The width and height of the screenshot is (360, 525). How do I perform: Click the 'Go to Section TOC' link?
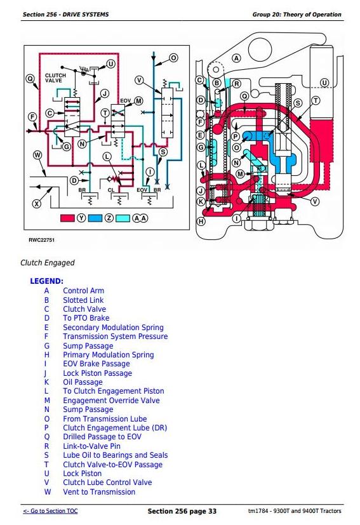tap(50, 511)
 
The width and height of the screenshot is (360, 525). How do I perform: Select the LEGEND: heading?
tap(46, 281)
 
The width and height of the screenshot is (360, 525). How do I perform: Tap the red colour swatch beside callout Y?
tap(67, 218)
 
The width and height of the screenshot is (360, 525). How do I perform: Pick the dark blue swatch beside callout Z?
tap(95, 218)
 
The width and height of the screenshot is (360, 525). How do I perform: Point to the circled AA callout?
tap(140, 218)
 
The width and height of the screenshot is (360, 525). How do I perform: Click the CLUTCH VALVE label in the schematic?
tap(56, 78)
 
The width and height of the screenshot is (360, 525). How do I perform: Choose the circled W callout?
tap(37, 155)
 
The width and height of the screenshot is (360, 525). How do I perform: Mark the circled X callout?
tap(36, 203)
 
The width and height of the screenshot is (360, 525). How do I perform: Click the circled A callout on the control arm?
tap(236, 58)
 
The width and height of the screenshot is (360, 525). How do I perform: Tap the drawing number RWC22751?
tap(41, 240)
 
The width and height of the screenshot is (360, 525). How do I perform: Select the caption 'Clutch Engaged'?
tap(48, 263)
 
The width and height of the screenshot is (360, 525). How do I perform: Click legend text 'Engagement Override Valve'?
tap(112, 400)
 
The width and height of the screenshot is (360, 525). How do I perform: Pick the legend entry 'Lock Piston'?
tap(83, 474)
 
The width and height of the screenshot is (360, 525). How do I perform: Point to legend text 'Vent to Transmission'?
tap(99, 492)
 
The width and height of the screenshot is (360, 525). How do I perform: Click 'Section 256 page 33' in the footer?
tap(182, 511)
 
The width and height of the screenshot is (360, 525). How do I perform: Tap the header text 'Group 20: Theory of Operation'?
tap(297, 15)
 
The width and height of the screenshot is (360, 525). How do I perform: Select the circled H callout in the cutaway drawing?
tap(201, 222)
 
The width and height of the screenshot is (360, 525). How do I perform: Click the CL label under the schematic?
tap(111, 190)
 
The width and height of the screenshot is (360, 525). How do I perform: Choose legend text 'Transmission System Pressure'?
tap(116, 336)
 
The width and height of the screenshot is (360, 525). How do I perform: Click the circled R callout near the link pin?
tap(236, 84)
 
